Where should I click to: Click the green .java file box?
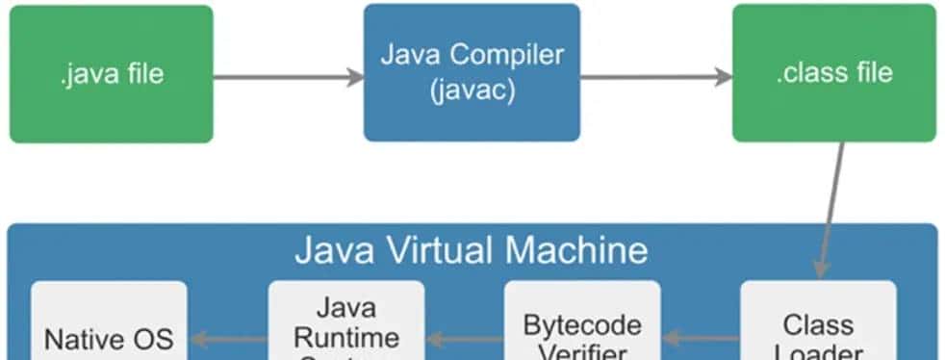pyautogui.click(x=111, y=73)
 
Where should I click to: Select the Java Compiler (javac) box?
pyautogui.click(x=472, y=72)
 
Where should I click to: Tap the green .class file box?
pyautogui.click(x=833, y=73)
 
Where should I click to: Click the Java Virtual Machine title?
pyautogui.click(x=472, y=250)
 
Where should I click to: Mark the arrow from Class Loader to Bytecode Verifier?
pyautogui.click(x=701, y=338)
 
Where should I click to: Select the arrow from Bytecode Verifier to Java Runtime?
pyautogui.click(x=465, y=338)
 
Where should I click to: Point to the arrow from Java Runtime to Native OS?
pyautogui.click(x=228, y=338)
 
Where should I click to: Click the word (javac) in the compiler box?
pyautogui.click(x=472, y=91)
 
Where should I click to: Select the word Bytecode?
pyautogui.click(x=582, y=324)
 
